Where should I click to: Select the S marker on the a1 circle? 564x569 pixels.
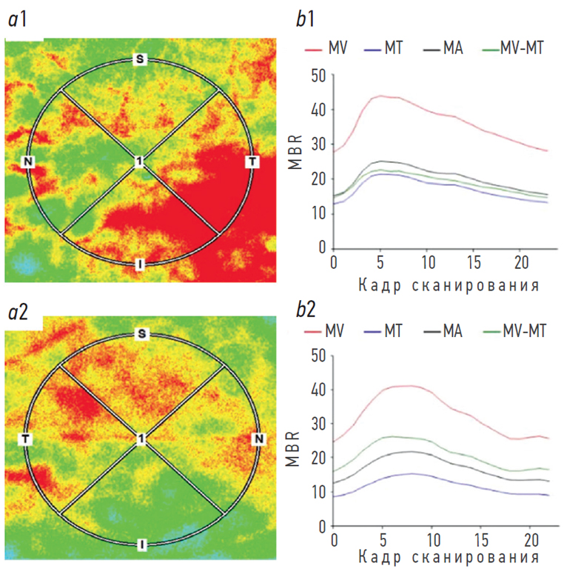coord(138,59)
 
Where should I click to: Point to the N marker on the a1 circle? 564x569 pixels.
coord(28,162)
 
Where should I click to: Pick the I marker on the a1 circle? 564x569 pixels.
coord(139,264)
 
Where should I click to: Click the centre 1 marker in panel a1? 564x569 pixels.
coord(138,162)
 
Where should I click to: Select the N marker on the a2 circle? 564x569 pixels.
coord(259,440)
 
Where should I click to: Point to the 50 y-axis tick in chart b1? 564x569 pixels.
coord(318,76)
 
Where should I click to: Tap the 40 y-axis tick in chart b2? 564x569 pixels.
coord(318,390)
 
